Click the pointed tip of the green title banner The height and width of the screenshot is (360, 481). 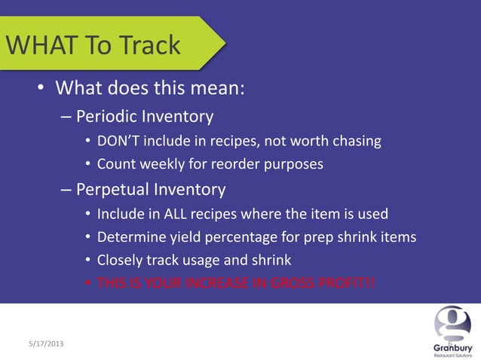click(224, 43)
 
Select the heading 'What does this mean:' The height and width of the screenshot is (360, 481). click(150, 88)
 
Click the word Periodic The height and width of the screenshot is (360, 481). click(109, 117)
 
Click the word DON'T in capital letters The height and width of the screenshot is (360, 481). click(118, 141)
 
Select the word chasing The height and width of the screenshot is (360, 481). click(355, 141)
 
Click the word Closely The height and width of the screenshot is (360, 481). click(121, 261)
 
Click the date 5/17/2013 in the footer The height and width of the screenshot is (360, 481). click(41, 343)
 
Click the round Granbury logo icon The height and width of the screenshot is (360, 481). click(452, 324)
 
